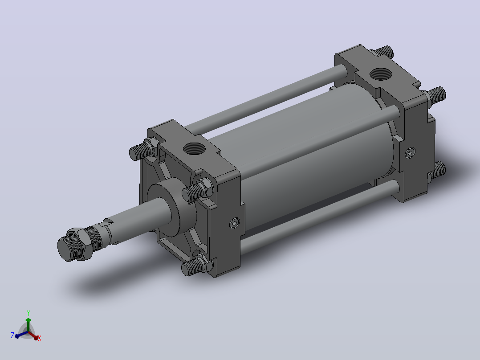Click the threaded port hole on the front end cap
point(194,149)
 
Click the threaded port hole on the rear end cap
point(381,74)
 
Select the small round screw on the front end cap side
point(235,223)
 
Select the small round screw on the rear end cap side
point(410,152)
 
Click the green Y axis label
point(28,313)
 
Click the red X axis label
point(40,338)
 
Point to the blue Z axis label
point(12,335)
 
